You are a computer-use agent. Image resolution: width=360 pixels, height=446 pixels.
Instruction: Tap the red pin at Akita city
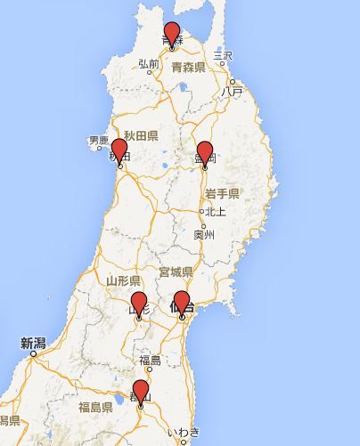[119, 152]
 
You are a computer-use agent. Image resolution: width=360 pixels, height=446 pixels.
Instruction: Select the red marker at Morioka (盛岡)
[205, 154]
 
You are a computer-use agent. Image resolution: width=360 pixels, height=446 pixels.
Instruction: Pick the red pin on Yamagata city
[139, 304]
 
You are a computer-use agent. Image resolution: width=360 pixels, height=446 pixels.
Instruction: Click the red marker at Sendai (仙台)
[182, 304]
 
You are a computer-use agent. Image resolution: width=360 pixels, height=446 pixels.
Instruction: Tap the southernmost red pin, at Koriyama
[140, 393]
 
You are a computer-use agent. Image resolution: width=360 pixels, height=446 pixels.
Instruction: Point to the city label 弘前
[149, 64]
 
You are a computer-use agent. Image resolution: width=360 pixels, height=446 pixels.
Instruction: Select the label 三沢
[222, 54]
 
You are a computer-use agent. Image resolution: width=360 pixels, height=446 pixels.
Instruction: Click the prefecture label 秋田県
[141, 135]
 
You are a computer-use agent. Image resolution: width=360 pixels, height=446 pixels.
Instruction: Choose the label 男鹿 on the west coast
[98, 141]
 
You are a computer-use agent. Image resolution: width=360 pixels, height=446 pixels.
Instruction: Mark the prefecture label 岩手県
[223, 193]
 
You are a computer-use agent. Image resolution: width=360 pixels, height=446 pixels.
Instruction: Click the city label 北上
[215, 212]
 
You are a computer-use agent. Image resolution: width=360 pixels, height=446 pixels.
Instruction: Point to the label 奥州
[204, 235]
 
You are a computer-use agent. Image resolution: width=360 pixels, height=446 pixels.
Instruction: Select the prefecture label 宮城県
[176, 271]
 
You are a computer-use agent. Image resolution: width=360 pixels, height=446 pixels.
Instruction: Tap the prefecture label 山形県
[123, 280]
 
